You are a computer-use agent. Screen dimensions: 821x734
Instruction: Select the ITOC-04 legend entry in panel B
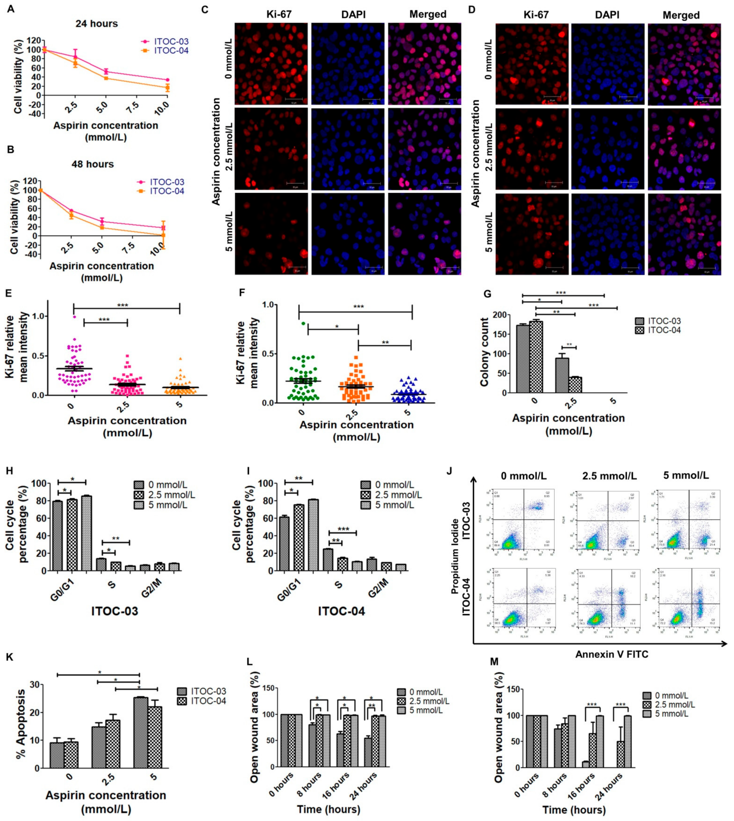click(167, 191)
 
